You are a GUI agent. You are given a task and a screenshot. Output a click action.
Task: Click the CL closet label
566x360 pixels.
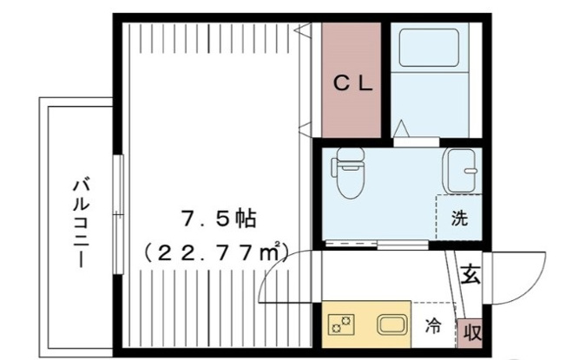pos(352,84)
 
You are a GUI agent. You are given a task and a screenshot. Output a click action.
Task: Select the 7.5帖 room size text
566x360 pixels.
pos(219,219)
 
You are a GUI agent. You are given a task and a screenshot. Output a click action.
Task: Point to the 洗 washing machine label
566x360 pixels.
pos(459,218)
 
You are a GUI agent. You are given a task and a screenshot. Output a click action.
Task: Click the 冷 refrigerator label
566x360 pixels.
pos(432,326)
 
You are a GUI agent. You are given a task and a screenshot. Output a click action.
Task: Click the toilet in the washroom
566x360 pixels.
pos(347,172)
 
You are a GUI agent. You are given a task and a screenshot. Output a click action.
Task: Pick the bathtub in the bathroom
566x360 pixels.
pos(429,48)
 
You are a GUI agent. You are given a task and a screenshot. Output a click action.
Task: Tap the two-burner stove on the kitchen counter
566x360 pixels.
pos(341,324)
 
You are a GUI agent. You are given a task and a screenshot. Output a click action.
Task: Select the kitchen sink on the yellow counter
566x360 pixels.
pos(392,324)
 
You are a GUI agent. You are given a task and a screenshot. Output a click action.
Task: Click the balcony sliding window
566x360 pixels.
pos(118,214)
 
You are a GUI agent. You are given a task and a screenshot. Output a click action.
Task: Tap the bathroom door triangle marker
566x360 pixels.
pos(402,128)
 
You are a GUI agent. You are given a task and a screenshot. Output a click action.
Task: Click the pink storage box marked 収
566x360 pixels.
pos(470,333)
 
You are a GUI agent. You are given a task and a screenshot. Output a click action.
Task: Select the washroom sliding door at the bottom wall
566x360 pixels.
pos(377,245)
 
